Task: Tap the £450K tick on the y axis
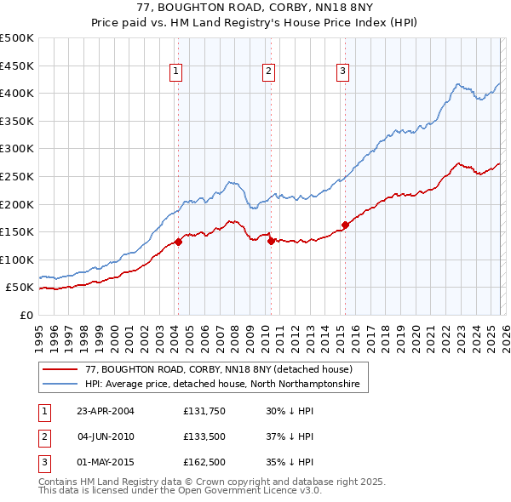point(17,66)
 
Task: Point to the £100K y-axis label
point(17,260)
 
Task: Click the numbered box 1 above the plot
point(175,72)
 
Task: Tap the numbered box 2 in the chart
point(268,72)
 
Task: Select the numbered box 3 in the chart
point(342,72)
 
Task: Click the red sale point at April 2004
point(179,242)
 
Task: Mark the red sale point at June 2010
point(271,241)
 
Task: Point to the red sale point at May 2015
point(345,225)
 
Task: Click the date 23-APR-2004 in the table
point(106,411)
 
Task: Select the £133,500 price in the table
point(203,436)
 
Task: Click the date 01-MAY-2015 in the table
point(106,462)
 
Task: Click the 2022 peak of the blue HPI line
point(458,84)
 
